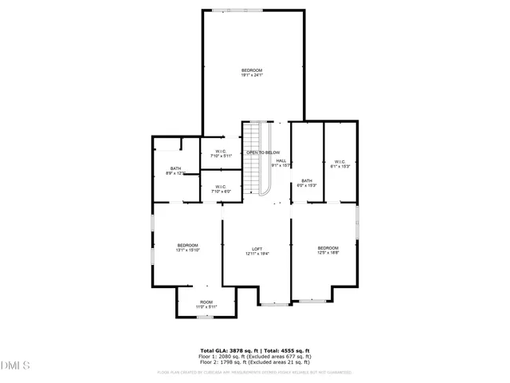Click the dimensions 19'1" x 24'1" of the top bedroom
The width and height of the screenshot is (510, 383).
click(252, 76)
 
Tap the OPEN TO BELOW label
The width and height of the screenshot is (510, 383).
click(262, 152)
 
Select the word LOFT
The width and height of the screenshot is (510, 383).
click(257, 249)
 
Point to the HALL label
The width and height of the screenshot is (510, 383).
click(281, 161)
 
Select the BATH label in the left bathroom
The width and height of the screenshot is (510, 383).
click(175, 168)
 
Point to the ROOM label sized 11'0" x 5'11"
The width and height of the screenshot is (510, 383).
click(206, 302)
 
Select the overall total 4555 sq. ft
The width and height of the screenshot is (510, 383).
click(292, 350)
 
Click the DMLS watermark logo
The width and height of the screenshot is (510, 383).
click(14, 366)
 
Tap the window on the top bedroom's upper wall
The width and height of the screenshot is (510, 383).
click(228, 10)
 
